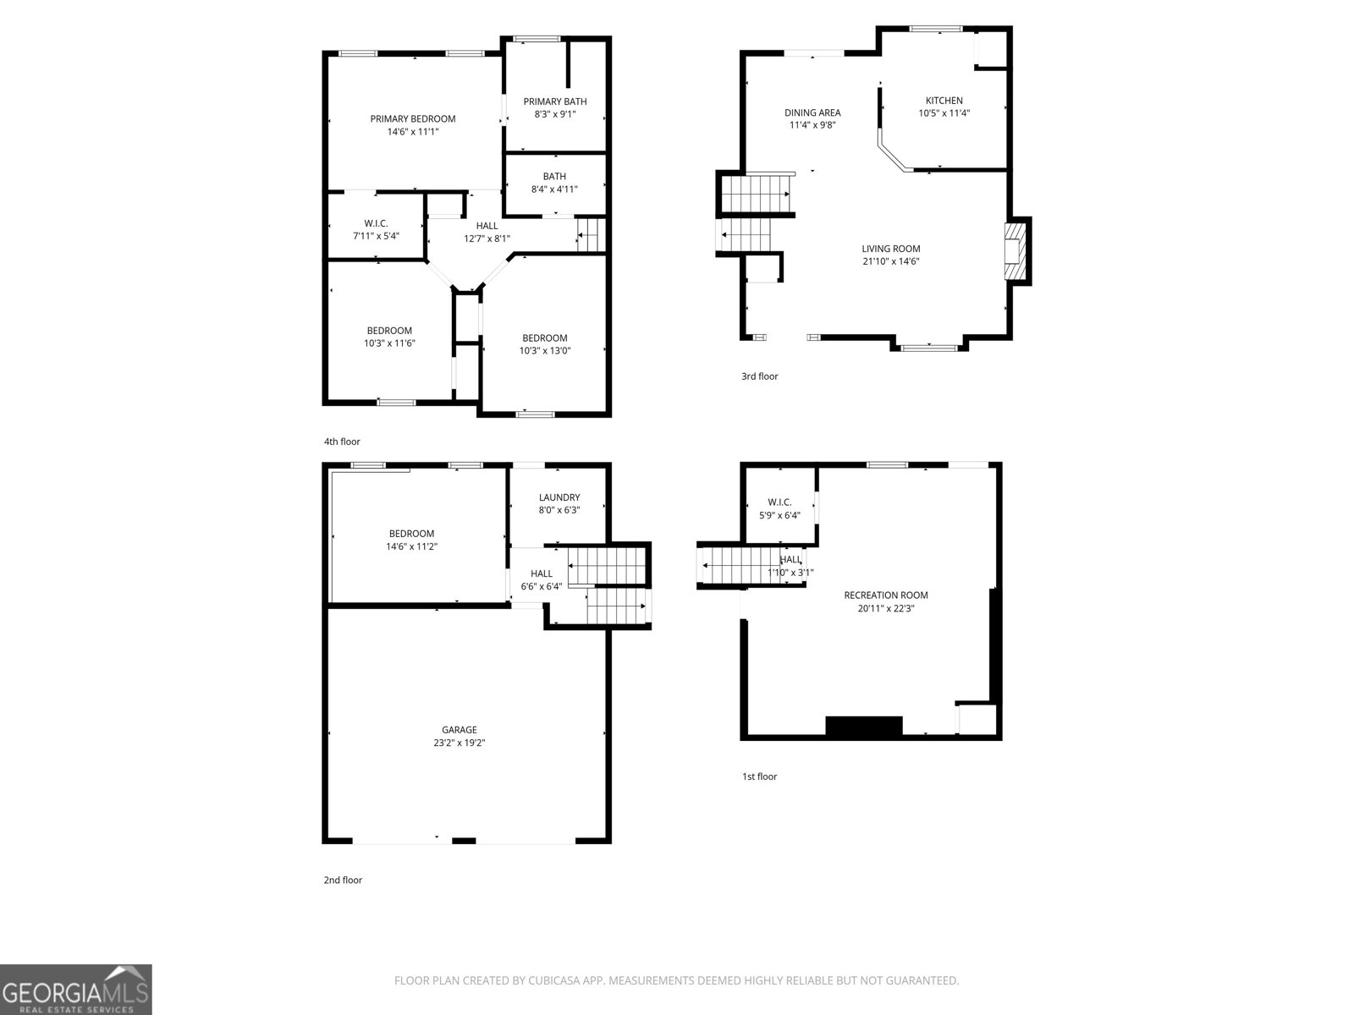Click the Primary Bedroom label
coord(413,119)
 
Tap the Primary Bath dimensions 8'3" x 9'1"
coord(555,114)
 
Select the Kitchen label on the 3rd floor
coord(944,101)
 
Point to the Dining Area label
coord(812,112)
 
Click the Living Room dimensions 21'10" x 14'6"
coord(891,261)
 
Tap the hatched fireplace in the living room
coord(1015,251)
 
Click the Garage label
coord(459,730)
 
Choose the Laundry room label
coord(559,497)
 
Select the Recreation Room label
coord(886,595)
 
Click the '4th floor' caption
coord(342,442)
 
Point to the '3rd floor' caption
coord(759,376)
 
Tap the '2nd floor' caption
coord(343,880)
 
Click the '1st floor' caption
coord(759,776)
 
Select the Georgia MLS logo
coord(76,989)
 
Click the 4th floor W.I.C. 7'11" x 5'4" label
coord(376,229)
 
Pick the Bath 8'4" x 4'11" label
coord(554,183)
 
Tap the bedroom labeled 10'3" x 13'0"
coord(545,344)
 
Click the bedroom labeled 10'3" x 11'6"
coord(389,337)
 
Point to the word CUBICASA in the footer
coord(553,979)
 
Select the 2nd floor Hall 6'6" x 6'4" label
coord(541,580)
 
